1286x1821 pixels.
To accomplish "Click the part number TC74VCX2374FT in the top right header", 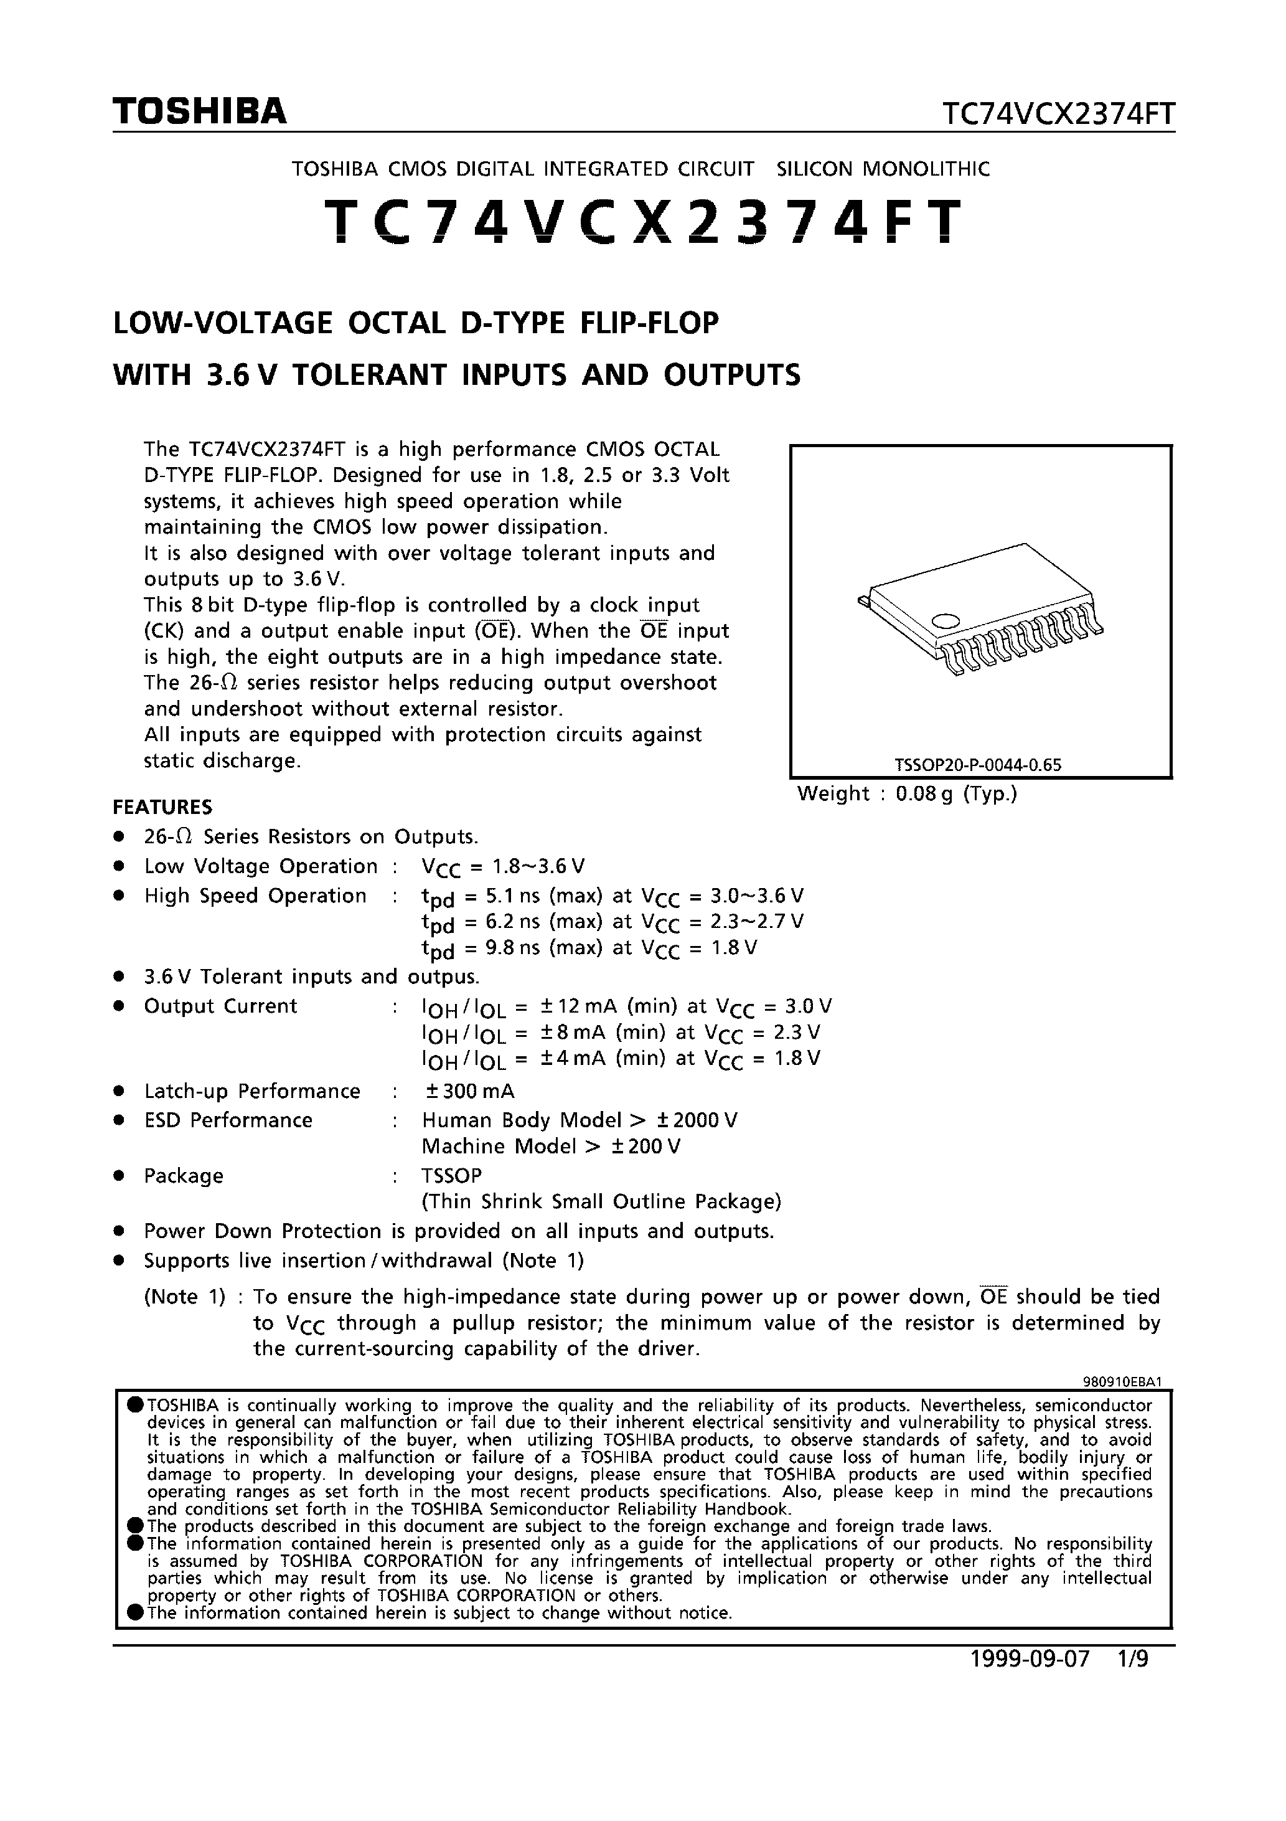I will tap(1058, 115).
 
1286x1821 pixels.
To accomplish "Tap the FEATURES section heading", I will tap(162, 807).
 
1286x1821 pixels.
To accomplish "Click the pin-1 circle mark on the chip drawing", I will tap(945, 620).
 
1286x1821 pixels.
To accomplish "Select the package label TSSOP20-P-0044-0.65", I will tap(978, 765).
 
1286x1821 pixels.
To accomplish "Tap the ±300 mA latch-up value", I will tap(470, 1091).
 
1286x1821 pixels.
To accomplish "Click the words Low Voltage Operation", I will tap(261, 866).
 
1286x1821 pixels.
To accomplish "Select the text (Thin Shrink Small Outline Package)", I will tap(601, 1203).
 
